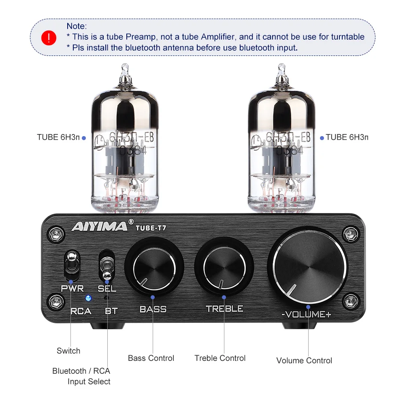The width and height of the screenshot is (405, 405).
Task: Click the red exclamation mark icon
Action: [x=49, y=37]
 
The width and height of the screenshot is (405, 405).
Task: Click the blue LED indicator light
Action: [x=87, y=298]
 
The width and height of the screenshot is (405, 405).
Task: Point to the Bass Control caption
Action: [x=151, y=358]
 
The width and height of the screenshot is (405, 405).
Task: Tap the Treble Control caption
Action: [x=220, y=358]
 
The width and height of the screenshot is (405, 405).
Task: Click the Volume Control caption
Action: [x=304, y=360]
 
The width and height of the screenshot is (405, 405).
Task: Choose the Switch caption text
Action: [x=68, y=351]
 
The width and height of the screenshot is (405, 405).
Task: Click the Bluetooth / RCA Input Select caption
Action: [x=82, y=376]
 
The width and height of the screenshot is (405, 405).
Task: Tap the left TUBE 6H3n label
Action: [x=59, y=137]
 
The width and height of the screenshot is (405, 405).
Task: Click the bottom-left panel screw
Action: [x=55, y=301]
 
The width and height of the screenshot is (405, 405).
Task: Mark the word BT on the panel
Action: [x=111, y=311]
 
